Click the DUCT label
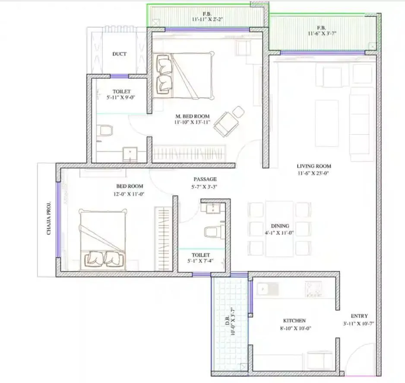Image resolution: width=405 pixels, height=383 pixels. tap(120, 54)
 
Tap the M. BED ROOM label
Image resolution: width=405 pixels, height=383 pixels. tap(193, 116)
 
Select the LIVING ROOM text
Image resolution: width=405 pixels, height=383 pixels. tap(314, 166)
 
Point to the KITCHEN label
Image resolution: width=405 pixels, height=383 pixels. tap(294, 321)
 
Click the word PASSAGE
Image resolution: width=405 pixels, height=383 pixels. tap(205, 179)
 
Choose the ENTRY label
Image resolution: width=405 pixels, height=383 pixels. tap(359, 316)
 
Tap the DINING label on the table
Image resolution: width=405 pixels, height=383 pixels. tap(280, 226)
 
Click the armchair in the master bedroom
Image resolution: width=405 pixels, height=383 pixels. tap(227, 121)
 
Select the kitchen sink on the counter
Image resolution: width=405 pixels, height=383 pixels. tap(263, 287)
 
